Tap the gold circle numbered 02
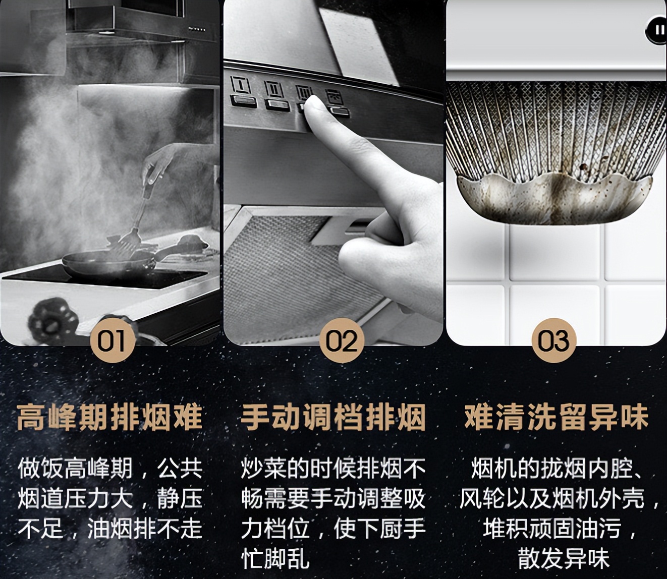pos(342,340)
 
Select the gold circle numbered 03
pos(554,340)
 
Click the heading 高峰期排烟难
pos(109,418)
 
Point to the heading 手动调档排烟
pos(333,418)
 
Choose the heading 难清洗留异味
pos(556,418)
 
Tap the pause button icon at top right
pos(658,30)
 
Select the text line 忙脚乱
pos(275,559)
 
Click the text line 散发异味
pos(564,559)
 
